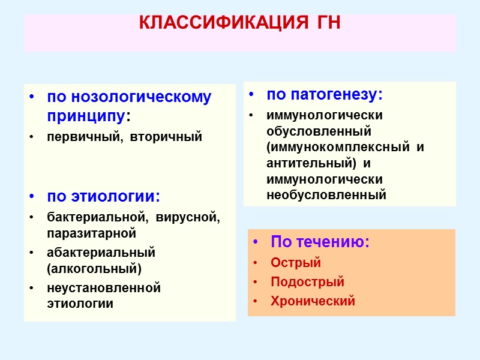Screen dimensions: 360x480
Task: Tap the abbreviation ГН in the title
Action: click(x=327, y=23)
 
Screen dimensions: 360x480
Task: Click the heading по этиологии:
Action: click(x=104, y=197)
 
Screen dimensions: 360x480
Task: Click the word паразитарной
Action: click(x=92, y=232)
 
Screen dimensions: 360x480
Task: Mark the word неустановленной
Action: click(x=104, y=288)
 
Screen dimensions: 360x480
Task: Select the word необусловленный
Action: click(x=326, y=194)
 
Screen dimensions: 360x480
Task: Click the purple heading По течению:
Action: click(x=320, y=242)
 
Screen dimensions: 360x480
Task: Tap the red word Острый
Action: click(x=296, y=263)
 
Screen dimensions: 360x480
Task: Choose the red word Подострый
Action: click(x=307, y=282)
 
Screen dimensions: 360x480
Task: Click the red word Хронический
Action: click(x=313, y=301)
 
